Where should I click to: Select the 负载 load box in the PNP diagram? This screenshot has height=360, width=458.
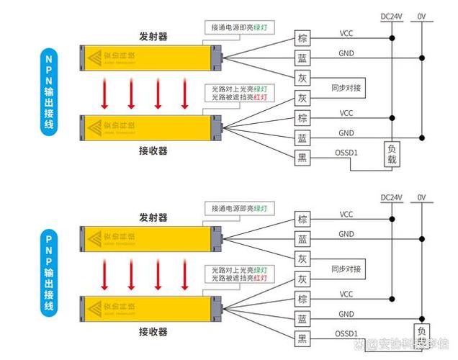point(422,336)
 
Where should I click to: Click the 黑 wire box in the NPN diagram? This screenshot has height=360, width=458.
point(302,157)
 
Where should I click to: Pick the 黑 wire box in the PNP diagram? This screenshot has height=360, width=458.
point(302,338)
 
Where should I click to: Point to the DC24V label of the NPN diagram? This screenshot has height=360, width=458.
point(392,15)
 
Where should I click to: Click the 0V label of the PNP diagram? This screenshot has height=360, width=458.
point(421,197)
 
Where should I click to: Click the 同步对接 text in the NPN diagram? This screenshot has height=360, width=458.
point(346,88)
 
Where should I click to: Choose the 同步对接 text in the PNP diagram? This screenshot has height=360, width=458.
point(346,269)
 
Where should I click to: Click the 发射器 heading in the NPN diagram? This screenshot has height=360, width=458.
point(153,36)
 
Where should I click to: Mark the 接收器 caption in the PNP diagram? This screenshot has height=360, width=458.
point(153,332)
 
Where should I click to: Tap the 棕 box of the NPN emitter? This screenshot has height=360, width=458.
point(302,38)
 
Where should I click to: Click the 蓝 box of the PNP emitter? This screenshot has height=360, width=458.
point(302,239)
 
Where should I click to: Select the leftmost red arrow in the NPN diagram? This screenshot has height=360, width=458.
point(104,93)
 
